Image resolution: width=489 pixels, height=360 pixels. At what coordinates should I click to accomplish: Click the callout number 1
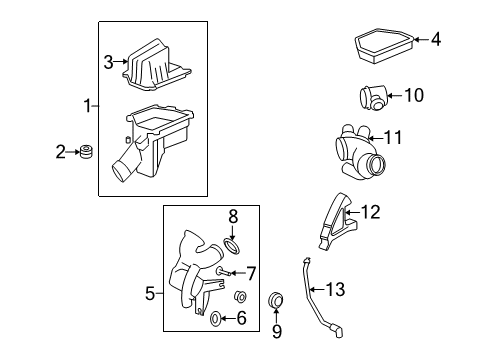[x=87, y=104]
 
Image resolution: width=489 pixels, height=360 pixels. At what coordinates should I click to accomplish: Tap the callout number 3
[x=109, y=63]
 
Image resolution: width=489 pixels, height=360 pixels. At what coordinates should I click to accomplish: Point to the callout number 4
[x=435, y=40]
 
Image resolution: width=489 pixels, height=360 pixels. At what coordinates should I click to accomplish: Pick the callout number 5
[x=151, y=293]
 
